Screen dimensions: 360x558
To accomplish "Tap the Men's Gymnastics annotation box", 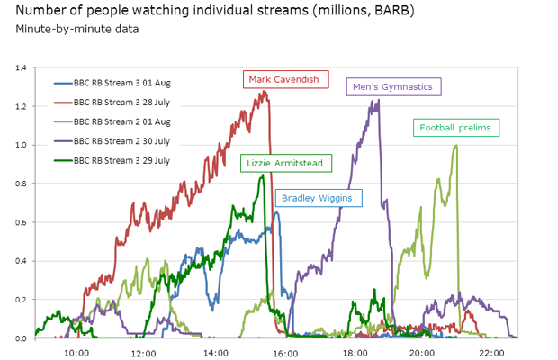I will click(394, 87).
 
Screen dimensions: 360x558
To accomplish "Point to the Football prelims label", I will click(455, 128).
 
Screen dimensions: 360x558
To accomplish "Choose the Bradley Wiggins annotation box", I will click(316, 198).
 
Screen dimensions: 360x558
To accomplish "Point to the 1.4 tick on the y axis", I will click(22, 67).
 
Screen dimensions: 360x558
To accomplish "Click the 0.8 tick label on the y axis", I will click(22, 184).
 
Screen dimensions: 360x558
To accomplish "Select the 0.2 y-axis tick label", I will click(22, 300).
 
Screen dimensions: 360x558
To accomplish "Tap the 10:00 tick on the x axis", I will click(76, 352).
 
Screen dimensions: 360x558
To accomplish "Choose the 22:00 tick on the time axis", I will click(490, 352).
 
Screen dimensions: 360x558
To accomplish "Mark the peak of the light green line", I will click(456, 146).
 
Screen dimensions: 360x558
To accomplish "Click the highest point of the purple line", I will click(378, 100).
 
